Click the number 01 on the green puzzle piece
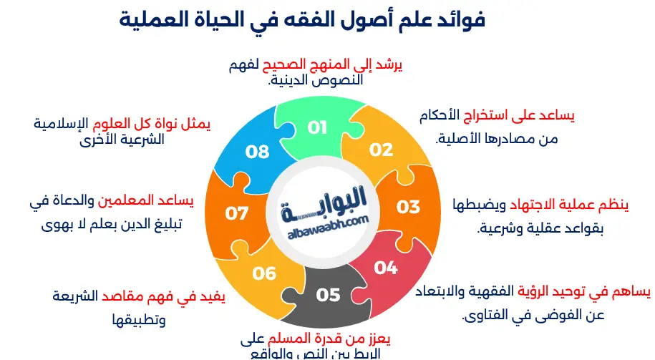pos(317,128)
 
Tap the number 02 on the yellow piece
pos(382,150)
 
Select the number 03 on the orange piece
pos(408,208)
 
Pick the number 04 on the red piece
pos(385,268)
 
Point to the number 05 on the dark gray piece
pos(328,294)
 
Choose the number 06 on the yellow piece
pos(264,273)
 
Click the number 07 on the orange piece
pos(236,213)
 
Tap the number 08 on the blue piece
pos(257,151)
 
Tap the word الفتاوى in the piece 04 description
pos(487,316)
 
